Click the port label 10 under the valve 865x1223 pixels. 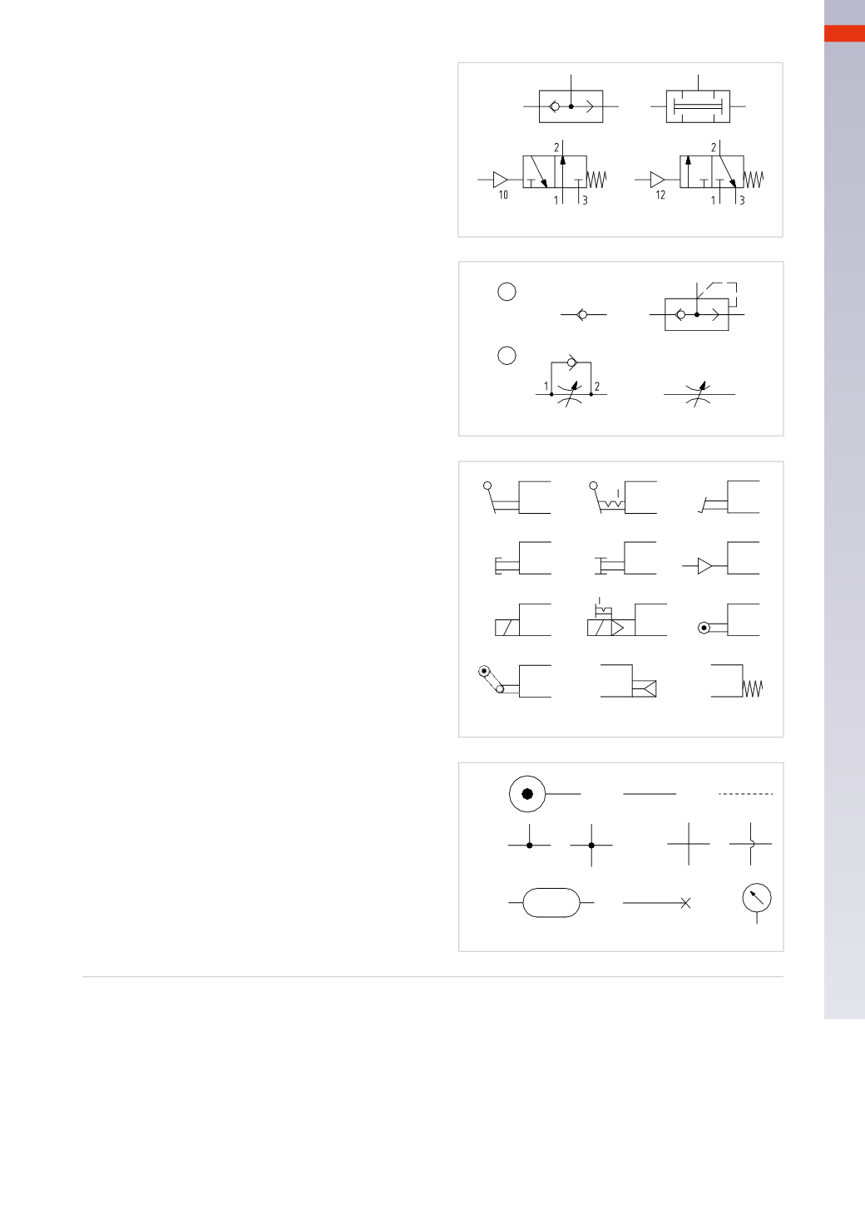point(503,195)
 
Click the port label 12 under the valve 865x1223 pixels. point(660,195)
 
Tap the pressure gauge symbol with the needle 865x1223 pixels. point(756,898)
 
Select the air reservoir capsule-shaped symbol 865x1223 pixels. point(551,902)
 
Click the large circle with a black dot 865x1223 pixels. point(527,794)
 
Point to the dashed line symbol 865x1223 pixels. point(746,795)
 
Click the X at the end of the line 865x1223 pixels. point(685,903)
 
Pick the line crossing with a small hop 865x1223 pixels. point(751,844)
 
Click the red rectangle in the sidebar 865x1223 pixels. point(844,33)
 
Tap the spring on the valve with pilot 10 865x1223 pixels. point(598,179)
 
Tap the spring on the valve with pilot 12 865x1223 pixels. point(754,179)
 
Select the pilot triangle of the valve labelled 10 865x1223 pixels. point(500,179)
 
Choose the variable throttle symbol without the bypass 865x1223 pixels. point(699,393)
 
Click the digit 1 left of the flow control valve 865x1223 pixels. point(546,387)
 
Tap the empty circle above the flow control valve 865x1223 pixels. point(507,355)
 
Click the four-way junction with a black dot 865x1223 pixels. point(591,845)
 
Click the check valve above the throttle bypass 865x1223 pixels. point(570,362)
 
